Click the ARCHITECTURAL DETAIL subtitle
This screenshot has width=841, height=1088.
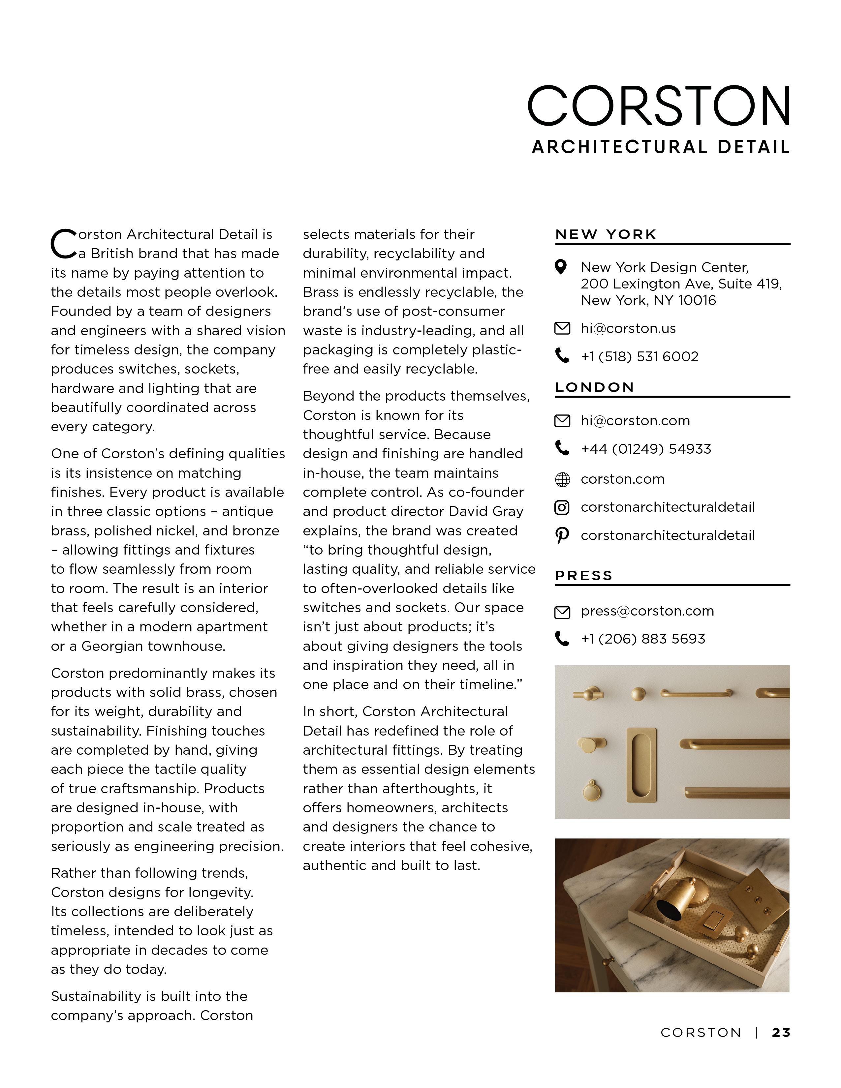661,147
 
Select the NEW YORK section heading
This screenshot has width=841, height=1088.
606,235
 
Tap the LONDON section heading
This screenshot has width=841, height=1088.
594,388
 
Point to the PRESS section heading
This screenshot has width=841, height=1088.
583,576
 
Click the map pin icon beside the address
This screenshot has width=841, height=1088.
561,267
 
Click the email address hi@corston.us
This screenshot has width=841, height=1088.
628,329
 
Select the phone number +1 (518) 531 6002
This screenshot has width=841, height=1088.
639,357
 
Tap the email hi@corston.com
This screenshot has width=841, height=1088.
635,421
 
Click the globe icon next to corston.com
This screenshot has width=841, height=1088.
562,480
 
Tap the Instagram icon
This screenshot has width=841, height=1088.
562,508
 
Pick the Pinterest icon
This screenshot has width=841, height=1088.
562,536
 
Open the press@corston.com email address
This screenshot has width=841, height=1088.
647,611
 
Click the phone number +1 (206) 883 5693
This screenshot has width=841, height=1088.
643,639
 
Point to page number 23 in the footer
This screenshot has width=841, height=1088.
781,1033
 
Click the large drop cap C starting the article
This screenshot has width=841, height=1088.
63,244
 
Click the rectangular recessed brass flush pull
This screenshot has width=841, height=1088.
641,765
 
